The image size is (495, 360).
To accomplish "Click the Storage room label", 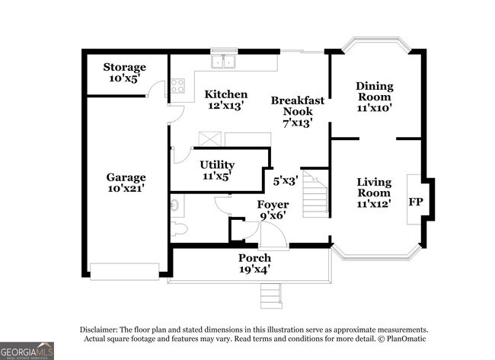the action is click(x=124, y=67).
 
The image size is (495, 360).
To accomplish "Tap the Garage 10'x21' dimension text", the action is click(x=126, y=188).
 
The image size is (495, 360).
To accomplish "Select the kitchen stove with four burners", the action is click(x=177, y=86).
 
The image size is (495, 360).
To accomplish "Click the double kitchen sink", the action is click(x=223, y=61).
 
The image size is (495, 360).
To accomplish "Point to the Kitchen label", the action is click(x=225, y=94).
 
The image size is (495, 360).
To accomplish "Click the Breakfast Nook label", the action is click(x=298, y=106).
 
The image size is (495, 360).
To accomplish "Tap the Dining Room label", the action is click(x=375, y=91).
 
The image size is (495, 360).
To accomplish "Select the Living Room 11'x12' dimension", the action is click(x=374, y=204).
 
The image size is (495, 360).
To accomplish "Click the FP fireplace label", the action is click(x=416, y=202).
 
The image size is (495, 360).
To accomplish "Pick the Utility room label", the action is click(x=217, y=164).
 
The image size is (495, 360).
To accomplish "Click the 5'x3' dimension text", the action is click(x=286, y=181).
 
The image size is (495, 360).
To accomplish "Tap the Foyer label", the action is click(x=273, y=205).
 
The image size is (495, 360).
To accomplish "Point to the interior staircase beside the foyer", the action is click(x=315, y=194).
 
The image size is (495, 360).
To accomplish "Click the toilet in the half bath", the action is click(x=179, y=228).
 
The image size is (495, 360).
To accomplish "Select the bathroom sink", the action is click(x=174, y=205).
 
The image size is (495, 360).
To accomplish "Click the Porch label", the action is click(x=254, y=258).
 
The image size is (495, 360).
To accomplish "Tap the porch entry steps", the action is click(x=270, y=296).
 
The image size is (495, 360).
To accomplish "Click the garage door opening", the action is click(x=124, y=272).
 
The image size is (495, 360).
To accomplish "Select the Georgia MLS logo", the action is click(x=27, y=351).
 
